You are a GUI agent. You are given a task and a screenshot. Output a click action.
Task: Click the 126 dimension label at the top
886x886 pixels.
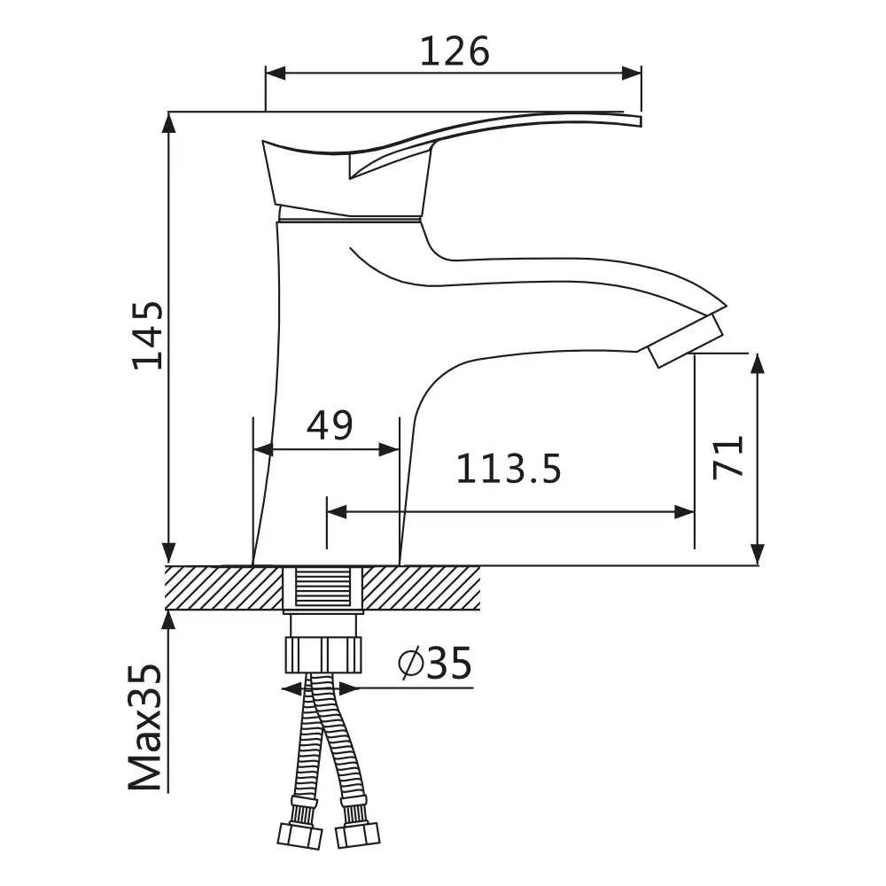pos(455,51)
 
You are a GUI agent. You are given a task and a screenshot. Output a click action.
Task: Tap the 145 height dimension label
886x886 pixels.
pos(147,335)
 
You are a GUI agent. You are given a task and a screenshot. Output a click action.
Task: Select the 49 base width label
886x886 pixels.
pos(330,425)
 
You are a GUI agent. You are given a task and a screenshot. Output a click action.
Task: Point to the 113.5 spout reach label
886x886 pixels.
pos(509,469)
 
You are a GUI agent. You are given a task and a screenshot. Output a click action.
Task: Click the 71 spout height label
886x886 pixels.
pos(727,458)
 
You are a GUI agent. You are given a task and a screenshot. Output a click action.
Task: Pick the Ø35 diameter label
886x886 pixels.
pos(434,664)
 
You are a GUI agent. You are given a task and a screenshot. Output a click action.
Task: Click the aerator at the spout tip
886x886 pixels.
pos(686,341)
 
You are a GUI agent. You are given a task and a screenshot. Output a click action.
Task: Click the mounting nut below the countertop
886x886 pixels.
pos(323,655)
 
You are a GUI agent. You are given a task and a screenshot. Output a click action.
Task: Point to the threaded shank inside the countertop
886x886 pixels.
pos(323,588)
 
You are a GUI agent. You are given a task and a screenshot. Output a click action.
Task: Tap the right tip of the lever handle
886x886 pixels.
pos(641,120)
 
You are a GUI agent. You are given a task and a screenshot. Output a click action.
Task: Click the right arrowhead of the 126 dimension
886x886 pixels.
pos(632,74)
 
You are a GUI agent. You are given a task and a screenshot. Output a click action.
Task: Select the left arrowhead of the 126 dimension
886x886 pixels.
pos(276,74)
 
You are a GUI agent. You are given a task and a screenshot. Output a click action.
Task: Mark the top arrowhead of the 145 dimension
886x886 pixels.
pos(168,122)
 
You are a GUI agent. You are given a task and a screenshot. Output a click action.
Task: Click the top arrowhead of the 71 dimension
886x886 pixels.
pos(758,364)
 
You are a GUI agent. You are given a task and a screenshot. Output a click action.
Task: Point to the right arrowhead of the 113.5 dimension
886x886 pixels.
pos(684,512)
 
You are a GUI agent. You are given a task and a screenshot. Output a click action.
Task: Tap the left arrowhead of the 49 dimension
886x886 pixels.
pos(263,450)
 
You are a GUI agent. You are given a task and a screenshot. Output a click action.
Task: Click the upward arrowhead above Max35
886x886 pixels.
pos(168,620)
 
